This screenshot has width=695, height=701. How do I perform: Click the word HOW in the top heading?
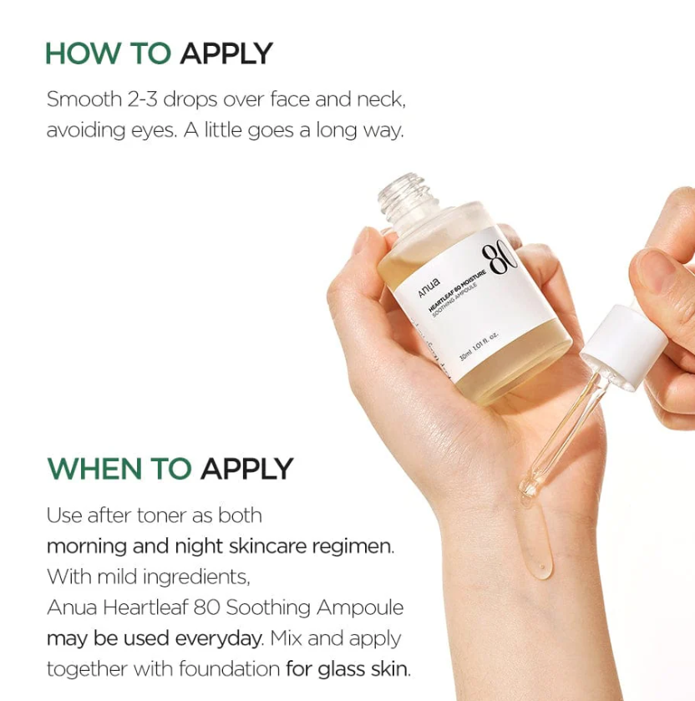[84, 53]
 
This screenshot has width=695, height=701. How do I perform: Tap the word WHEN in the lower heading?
[94, 469]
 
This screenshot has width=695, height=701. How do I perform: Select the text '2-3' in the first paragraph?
[142, 99]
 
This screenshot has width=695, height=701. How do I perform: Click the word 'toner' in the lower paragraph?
[162, 515]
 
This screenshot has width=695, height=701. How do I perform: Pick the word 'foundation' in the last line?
[229, 668]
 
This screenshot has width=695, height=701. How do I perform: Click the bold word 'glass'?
[342, 669]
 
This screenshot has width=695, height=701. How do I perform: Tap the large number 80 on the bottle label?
[500, 257]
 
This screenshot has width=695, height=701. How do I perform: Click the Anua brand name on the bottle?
[429, 287]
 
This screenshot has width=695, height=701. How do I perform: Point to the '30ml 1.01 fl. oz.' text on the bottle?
[479, 347]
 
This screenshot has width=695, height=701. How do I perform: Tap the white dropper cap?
[623, 345]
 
